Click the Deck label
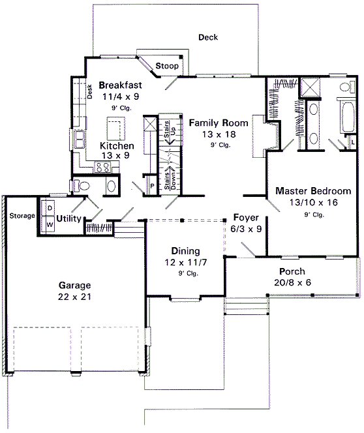tap(208, 37)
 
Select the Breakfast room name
tap(120, 85)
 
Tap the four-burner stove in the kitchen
tap(102, 168)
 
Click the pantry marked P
tap(152, 186)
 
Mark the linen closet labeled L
tap(353, 142)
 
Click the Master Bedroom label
tap(312, 192)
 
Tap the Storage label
tap(21, 216)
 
